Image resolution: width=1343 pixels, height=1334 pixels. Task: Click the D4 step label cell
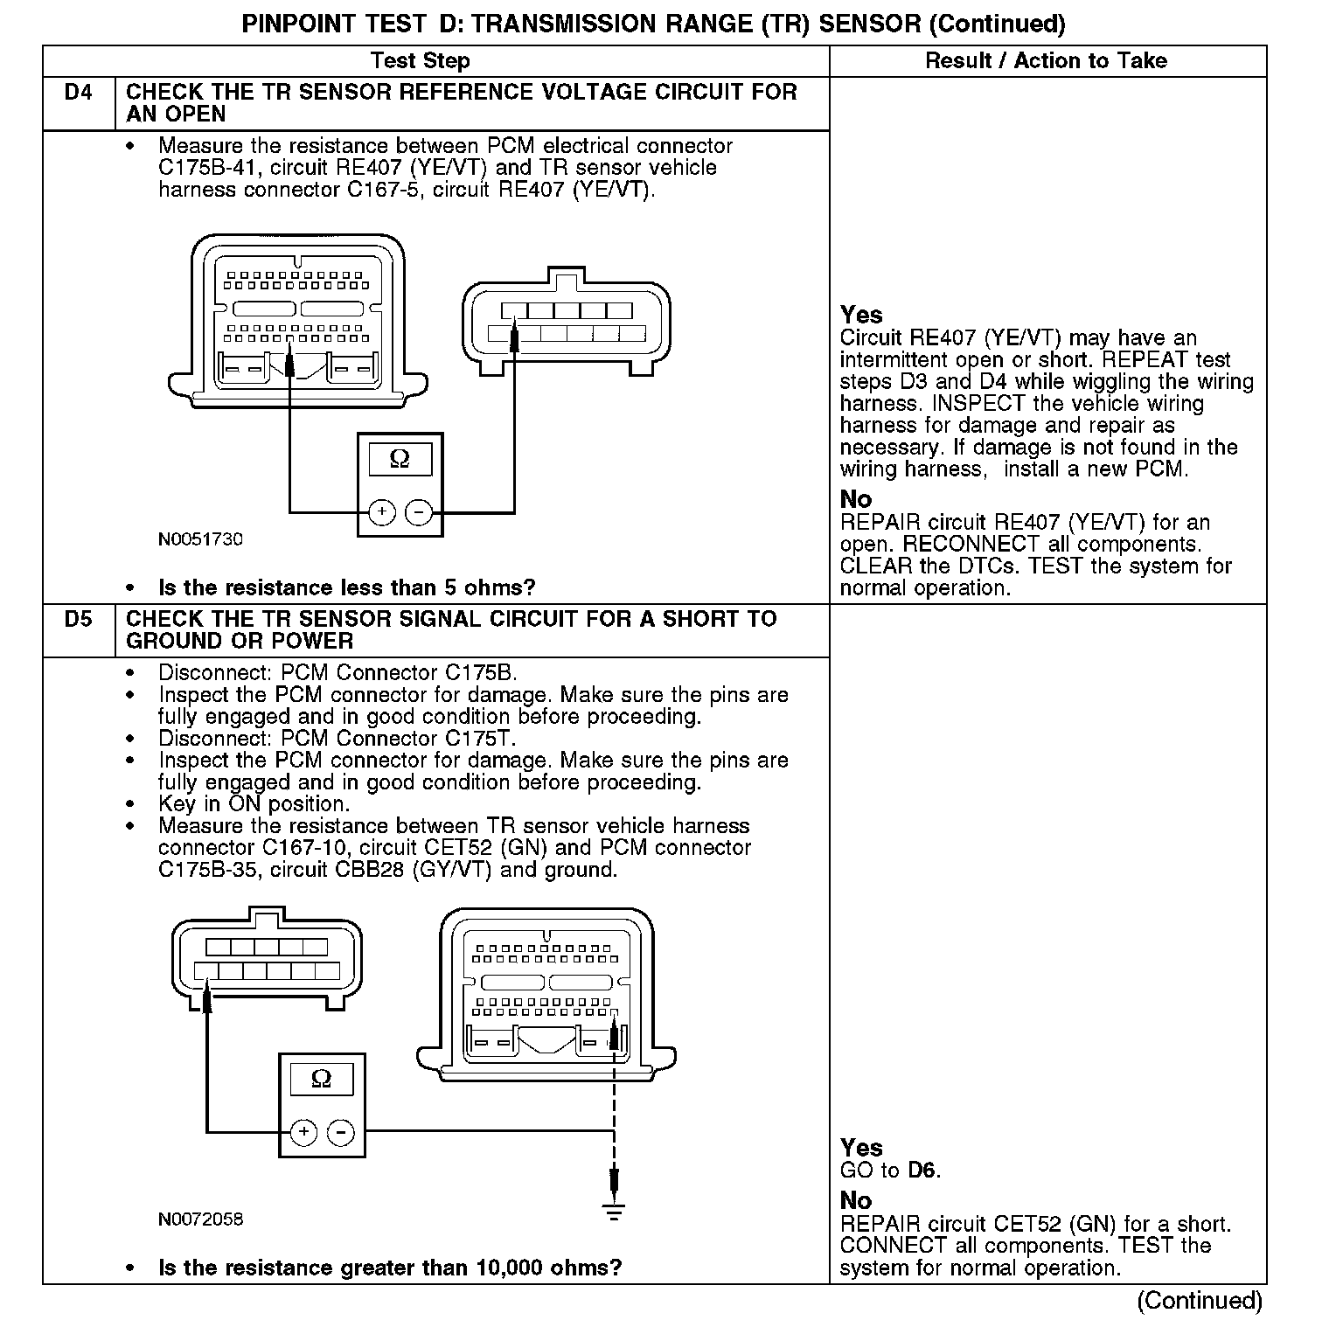(79, 93)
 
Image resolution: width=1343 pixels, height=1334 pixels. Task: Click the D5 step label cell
(79, 620)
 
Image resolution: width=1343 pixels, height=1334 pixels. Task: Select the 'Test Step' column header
(420, 60)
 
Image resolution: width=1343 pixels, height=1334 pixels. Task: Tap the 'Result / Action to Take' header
(1046, 60)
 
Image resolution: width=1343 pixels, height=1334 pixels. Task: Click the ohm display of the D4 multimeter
(400, 459)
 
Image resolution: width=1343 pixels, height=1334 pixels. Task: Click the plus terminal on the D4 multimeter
(382, 511)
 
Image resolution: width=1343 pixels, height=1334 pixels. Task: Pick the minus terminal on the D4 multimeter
(420, 511)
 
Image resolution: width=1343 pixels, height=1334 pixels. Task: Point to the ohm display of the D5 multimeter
(322, 1079)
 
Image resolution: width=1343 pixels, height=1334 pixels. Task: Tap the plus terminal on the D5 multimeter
(303, 1132)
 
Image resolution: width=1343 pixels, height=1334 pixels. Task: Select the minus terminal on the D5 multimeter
(340, 1132)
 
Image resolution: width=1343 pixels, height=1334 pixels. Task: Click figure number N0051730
(200, 539)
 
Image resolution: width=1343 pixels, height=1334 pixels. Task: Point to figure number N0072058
(200, 1219)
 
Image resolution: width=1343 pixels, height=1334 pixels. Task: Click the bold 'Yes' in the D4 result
(861, 315)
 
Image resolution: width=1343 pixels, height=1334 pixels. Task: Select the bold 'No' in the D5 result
(856, 1201)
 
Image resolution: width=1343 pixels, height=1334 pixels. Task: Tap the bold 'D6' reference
(922, 1170)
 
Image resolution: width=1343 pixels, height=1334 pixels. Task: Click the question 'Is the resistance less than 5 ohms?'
(346, 587)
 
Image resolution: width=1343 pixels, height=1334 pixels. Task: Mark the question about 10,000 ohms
(390, 1268)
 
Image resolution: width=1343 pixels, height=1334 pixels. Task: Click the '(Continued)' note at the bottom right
(1200, 1300)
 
